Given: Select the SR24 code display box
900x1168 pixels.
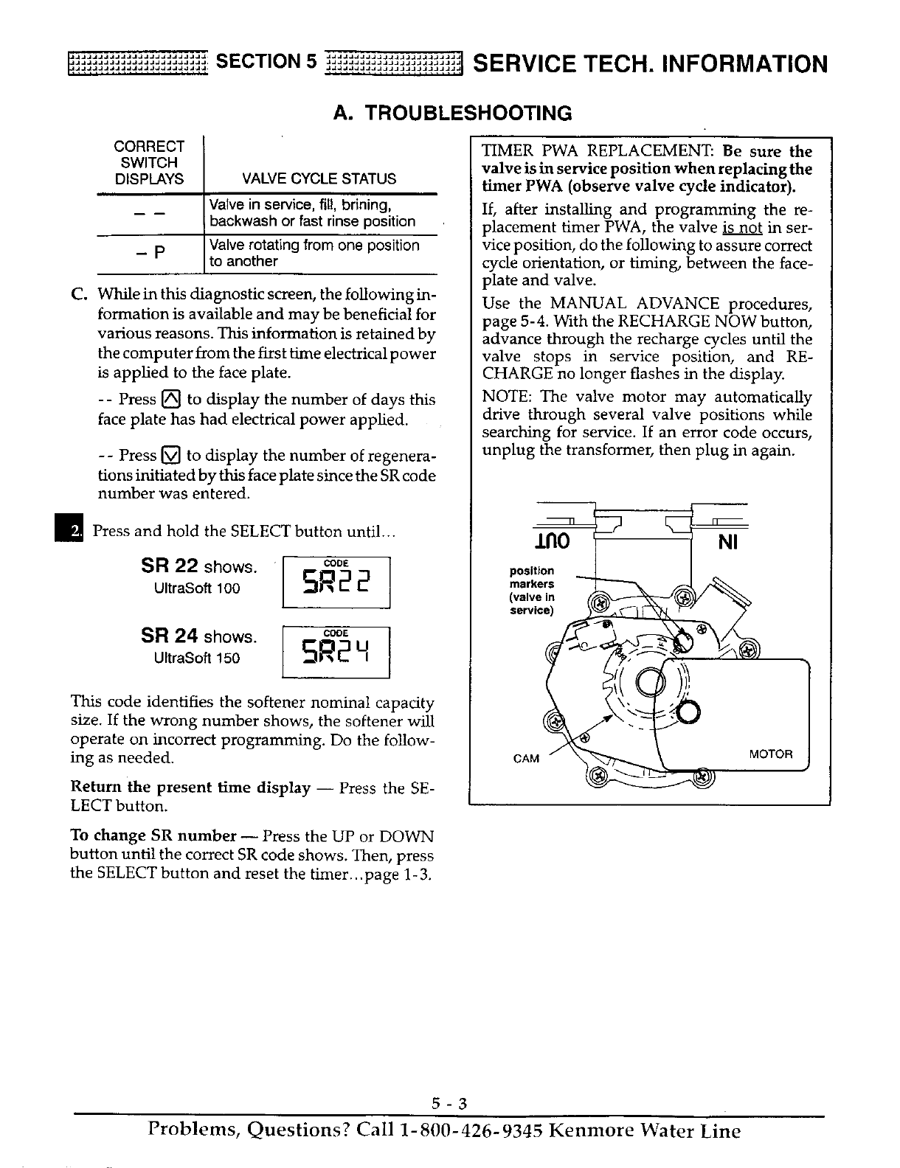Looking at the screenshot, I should pyautogui.click(x=336, y=651).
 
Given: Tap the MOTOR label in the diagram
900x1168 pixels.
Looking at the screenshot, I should pyautogui.click(x=770, y=754).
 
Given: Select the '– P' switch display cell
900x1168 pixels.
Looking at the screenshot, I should pyautogui.click(x=149, y=253).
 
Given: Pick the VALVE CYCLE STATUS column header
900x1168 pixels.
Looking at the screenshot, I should pyautogui.click(x=319, y=178).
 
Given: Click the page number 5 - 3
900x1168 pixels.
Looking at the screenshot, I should pyautogui.click(x=450, y=1104).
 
